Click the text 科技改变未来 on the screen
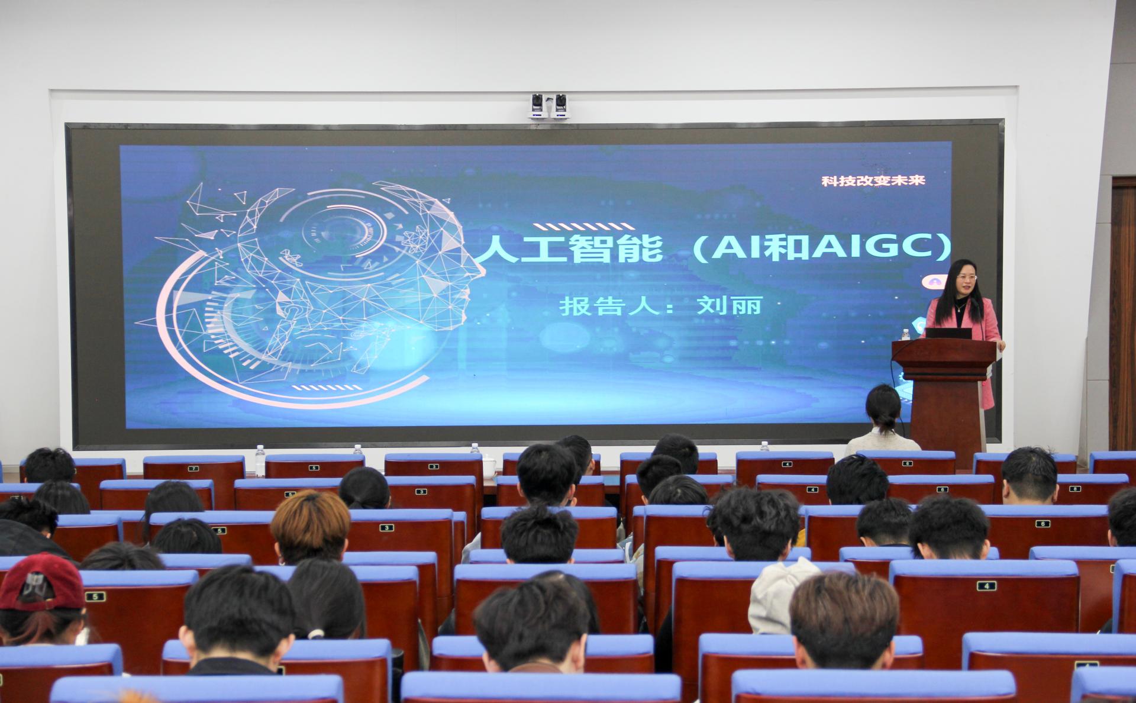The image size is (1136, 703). coord(873,180)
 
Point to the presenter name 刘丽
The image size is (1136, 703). coord(729,305)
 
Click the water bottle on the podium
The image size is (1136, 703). coord(905,334)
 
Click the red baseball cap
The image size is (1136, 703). coord(41,581)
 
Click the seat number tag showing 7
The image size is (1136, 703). coord(193,468)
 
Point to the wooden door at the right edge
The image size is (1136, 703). coord(1123,314)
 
